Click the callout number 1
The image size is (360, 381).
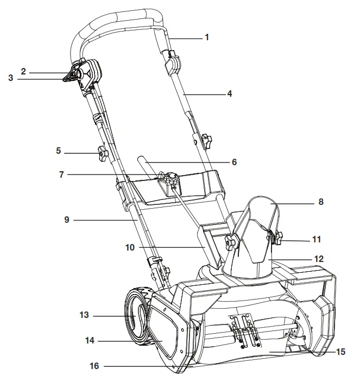point(206,38)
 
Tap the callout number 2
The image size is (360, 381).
point(24,71)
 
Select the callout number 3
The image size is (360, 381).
point(10,78)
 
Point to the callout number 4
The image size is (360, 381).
point(229,93)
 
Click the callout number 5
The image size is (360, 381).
point(59,151)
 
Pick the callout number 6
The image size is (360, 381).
point(234,162)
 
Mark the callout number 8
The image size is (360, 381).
point(320,202)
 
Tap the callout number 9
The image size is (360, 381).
point(66,220)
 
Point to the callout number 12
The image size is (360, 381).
point(319,259)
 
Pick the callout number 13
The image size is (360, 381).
point(83,315)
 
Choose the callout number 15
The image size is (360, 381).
point(340,352)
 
